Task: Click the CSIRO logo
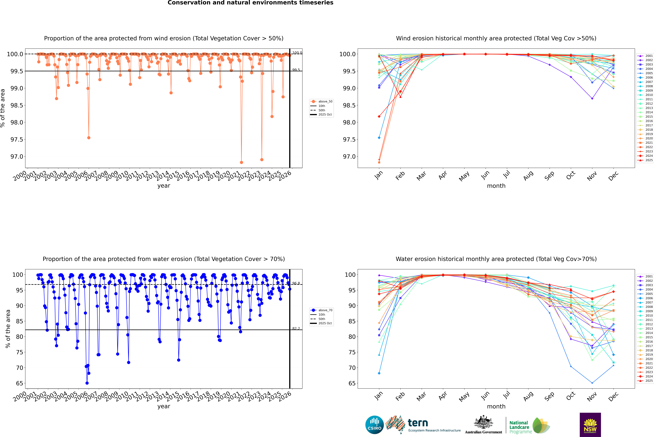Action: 374,425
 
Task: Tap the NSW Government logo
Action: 590,425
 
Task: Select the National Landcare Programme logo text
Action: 519,427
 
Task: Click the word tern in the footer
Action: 418,423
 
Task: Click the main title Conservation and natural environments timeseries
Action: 250,3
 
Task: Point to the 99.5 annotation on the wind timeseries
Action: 296,70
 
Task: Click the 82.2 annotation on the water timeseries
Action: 296,329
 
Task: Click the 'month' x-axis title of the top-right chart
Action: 496,186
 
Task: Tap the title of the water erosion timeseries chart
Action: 164,259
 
